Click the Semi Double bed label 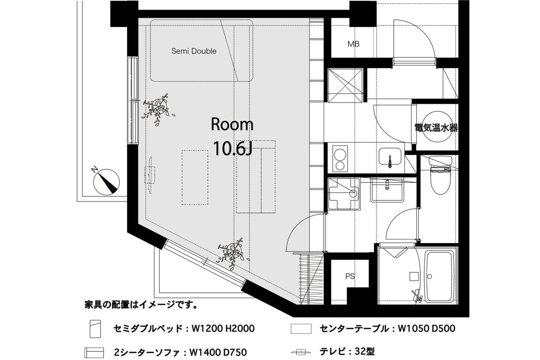[x=194, y=51]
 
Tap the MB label [x=353, y=44]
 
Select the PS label [x=350, y=276]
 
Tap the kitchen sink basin [x=390, y=157]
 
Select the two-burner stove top [x=340, y=159]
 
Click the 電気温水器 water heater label [x=436, y=128]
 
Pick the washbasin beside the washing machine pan [x=387, y=190]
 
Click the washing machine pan [x=344, y=194]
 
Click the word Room [x=232, y=124]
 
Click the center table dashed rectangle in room [x=195, y=178]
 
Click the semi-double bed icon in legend [x=95, y=329]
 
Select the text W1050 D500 [x=426, y=328]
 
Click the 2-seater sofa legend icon [x=94, y=353]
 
